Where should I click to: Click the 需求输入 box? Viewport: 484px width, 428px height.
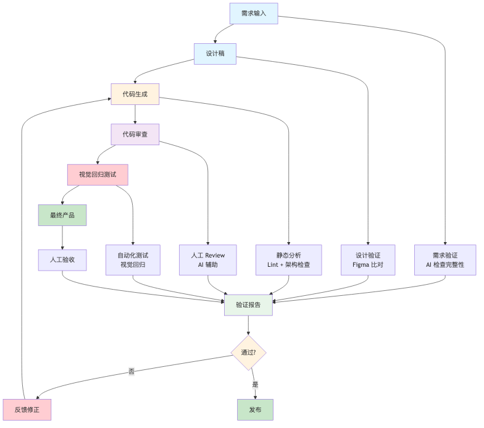254,14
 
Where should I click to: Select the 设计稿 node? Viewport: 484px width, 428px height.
215,54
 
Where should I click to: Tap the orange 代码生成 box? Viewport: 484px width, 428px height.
135,94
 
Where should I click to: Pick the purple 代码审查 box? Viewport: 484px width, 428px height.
135,135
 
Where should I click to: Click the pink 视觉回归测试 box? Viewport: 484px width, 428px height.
98,175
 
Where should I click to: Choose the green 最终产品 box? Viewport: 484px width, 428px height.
62,215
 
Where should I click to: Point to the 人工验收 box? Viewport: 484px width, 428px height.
62,260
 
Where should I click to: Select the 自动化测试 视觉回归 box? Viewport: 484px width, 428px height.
133,260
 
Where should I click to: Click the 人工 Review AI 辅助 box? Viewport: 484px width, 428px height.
208,260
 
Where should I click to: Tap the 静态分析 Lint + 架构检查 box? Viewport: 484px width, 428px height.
289,260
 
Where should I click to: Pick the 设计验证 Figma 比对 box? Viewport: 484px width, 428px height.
368,260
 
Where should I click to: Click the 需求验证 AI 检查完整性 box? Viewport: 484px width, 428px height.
445,260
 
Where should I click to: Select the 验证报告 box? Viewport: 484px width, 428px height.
248,305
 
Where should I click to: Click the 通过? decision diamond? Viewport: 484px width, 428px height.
248,353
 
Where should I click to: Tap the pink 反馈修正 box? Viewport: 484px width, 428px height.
27,410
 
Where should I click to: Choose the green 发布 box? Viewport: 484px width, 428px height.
256,410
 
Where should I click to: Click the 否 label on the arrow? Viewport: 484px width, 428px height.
131,371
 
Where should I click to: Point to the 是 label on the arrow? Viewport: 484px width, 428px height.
255,384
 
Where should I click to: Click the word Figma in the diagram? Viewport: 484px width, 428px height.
361,265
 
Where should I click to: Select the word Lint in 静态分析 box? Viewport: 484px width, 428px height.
273,264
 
